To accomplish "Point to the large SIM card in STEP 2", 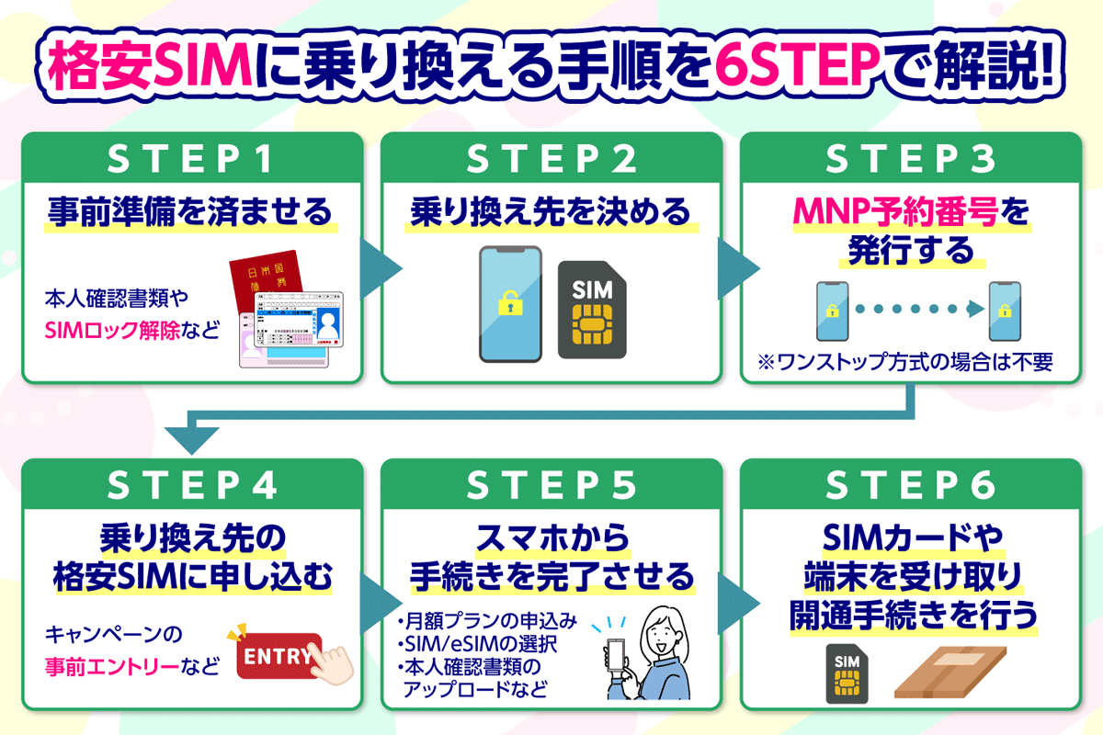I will pos(592,309).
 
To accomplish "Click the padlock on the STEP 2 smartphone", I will pos(508,304).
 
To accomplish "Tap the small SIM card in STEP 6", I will pos(846,673).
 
